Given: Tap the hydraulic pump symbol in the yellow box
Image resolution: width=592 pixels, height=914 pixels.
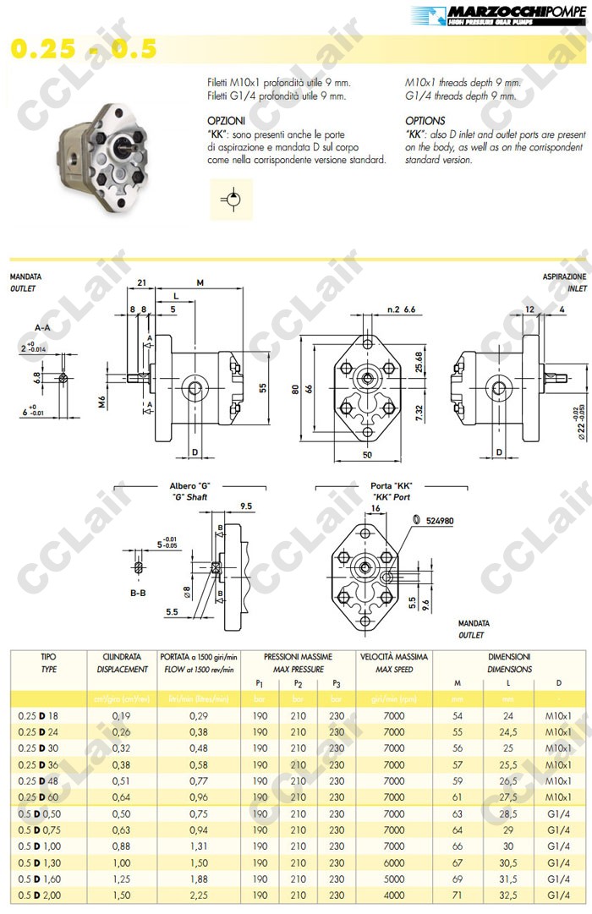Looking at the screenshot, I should pyautogui.click(x=229, y=199).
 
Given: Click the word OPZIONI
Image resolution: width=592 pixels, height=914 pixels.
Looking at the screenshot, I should pyautogui.click(x=226, y=121).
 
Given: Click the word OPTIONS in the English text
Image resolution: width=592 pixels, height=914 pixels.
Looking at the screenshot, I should pyautogui.click(x=425, y=121).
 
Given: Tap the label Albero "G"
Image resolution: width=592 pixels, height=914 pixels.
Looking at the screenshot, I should pyautogui.click(x=189, y=485).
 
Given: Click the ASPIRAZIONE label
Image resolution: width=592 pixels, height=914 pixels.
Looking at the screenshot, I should pyautogui.click(x=564, y=277).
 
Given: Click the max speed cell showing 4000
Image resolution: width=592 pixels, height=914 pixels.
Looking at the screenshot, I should pyautogui.click(x=393, y=894).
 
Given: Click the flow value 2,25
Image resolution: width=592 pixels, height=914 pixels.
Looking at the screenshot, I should pyautogui.click(x=198, y=894).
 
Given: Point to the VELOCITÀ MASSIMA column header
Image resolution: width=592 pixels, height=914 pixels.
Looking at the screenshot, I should pyautogui.click(x=393, y=656).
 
